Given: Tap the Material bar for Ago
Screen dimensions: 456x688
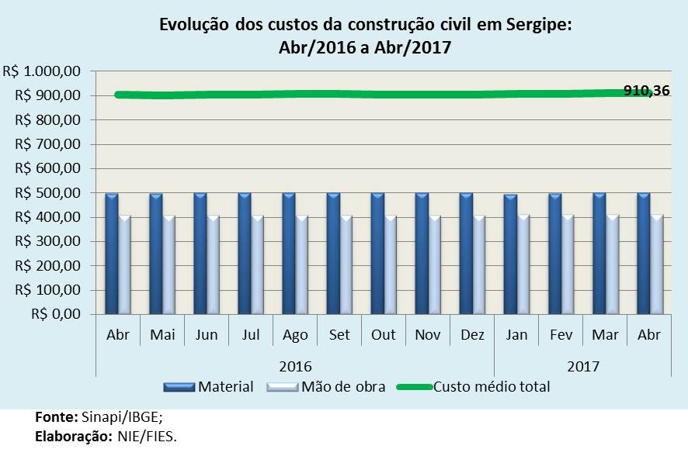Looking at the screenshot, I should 289,254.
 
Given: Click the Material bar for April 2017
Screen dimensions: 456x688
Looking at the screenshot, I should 643,254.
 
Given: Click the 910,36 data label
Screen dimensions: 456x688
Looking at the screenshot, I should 647,91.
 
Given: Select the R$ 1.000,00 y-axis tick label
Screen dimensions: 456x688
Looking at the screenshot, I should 42,71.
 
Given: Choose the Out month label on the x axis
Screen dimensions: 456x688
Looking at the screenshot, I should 384,335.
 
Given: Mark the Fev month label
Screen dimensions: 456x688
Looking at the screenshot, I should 561,335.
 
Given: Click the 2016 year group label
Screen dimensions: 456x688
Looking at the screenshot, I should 294,364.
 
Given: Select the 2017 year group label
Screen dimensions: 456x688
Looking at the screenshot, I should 582,364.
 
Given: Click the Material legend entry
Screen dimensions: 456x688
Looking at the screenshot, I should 225,386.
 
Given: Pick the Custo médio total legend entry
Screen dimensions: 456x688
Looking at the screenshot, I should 491,386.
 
